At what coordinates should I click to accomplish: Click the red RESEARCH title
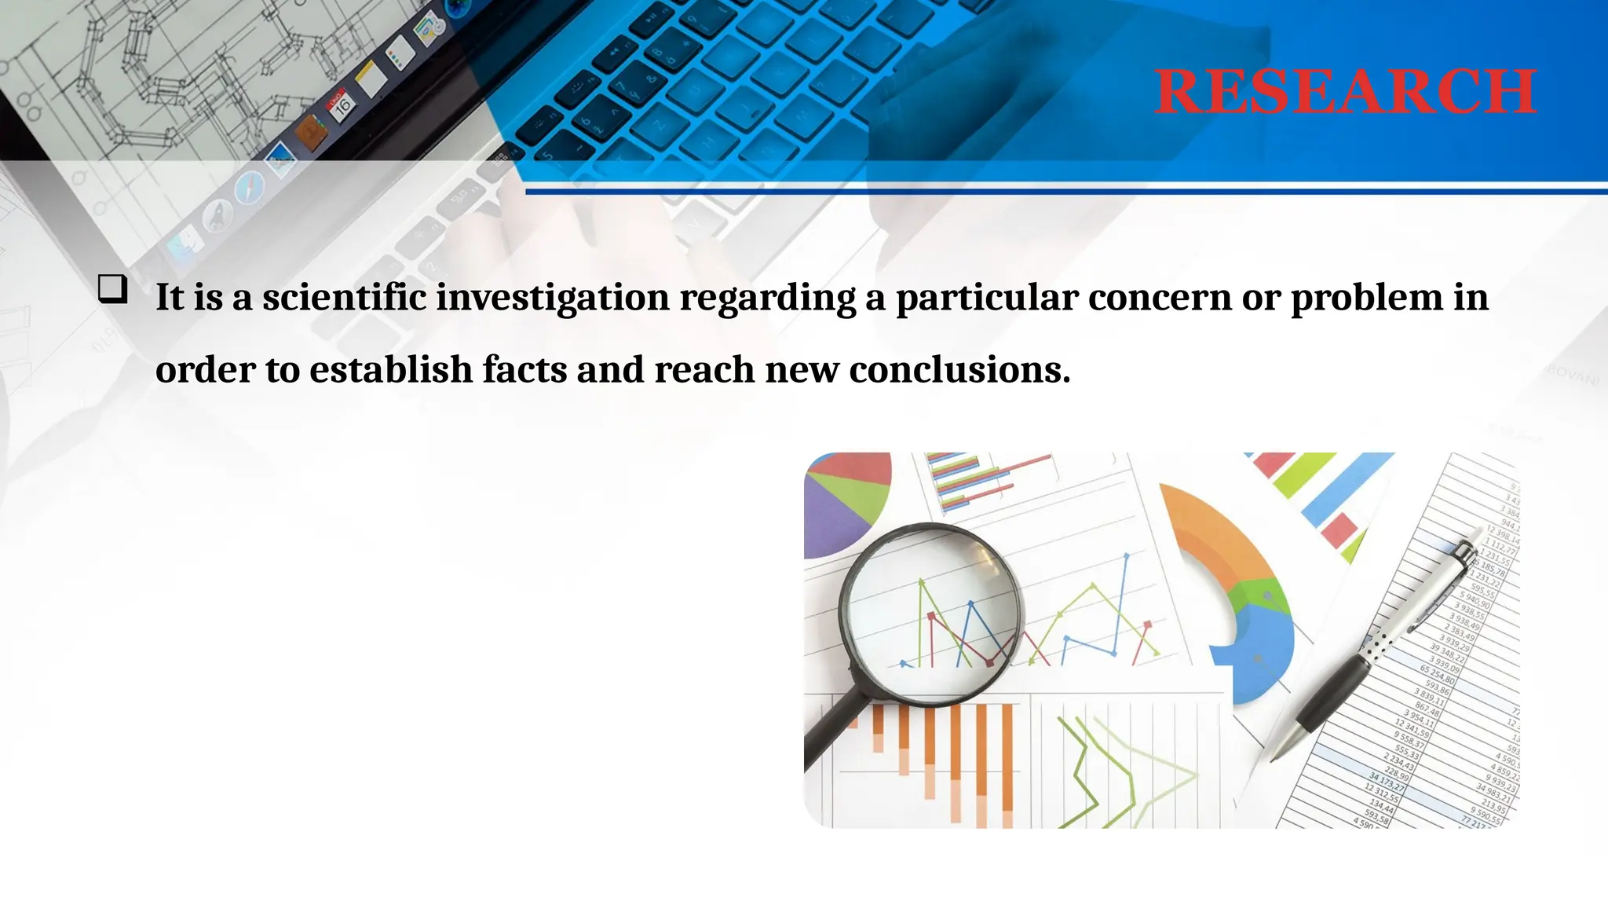click(x=1344, y=92)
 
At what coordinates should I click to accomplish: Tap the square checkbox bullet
click(x=113, y=289)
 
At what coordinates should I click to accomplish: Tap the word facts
click(x=524, y=370)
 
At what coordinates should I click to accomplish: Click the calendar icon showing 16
click(x=342, y=105)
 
